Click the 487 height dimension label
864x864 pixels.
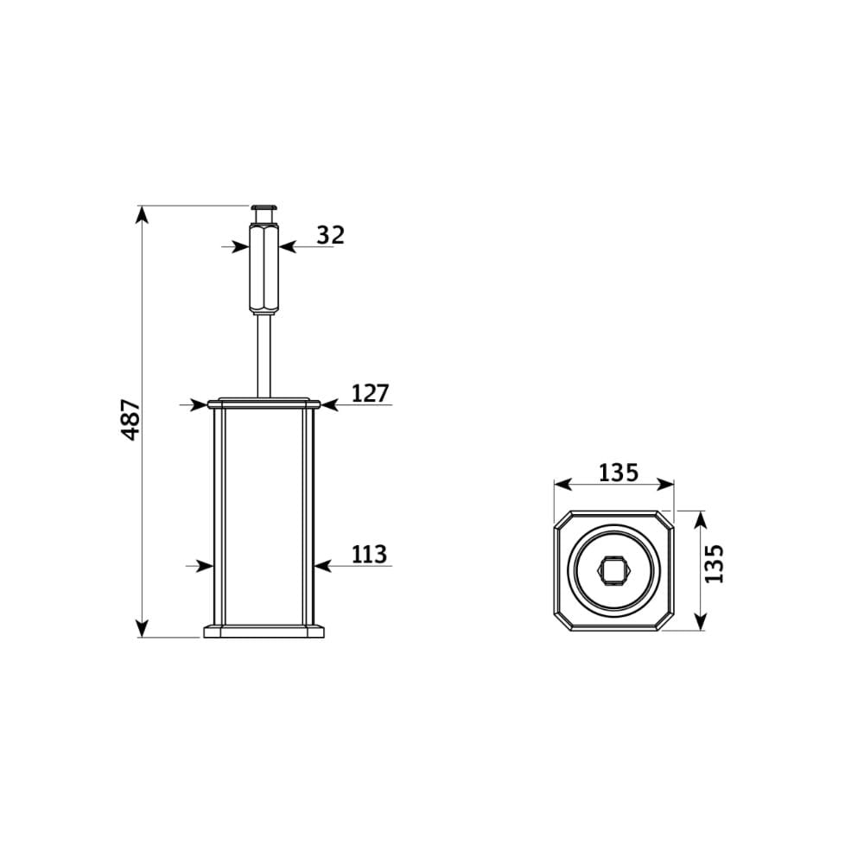(131, 420)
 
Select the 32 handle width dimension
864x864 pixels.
(330, 234)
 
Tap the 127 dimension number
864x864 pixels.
(371, 394)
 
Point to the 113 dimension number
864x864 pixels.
(370, 555)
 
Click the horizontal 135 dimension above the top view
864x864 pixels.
(618, 473)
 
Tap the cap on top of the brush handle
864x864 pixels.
(264, 210)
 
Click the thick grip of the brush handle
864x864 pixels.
(264, 267)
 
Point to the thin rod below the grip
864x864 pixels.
(264, 354)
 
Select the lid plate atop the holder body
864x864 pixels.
(264, 403)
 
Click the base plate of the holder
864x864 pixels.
(264, 631)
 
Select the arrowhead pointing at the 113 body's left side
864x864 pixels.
(205, 566)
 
